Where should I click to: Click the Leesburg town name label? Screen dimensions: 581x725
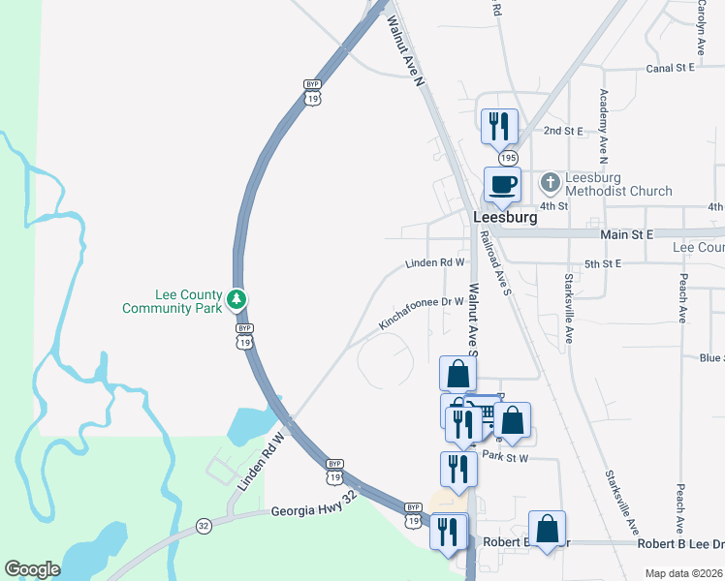coord(504,218)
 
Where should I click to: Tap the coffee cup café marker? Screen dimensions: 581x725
coord(502,183)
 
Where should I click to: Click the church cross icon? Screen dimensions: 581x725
coord(550,181)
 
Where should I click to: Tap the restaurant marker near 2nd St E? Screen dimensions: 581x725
coord(499,125)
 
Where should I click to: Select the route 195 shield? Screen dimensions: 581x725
coord(508,157)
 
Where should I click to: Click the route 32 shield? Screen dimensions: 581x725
coord(204,526)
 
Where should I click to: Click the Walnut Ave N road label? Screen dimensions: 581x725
coord(406,52)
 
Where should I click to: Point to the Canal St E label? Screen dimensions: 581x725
coord(671,69)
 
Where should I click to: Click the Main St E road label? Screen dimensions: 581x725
coord(627,234)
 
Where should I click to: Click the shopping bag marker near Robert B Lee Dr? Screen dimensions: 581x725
coord(548,529)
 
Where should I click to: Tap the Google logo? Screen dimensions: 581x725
coord(32,569)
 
